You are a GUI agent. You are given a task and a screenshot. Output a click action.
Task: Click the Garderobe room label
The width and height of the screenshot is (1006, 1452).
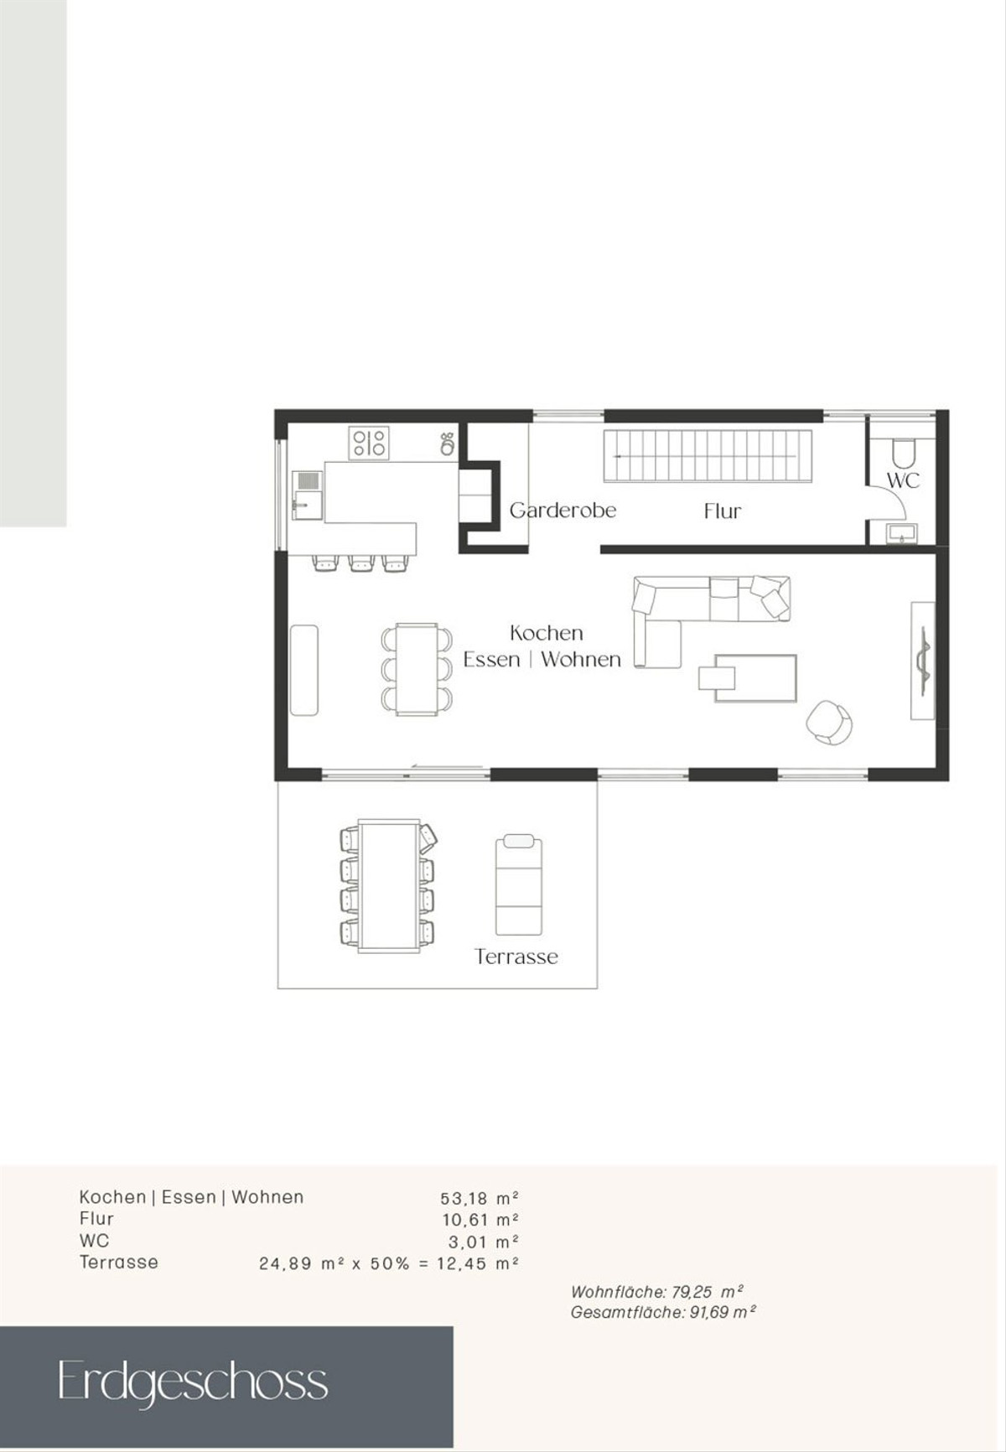point(563,510)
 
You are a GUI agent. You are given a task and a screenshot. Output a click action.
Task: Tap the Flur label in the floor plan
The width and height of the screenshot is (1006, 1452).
point(723,511)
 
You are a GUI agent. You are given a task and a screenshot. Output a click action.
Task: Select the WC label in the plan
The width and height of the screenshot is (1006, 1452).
point(903,480)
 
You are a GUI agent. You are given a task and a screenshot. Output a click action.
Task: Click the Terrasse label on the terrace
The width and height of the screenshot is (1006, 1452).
point(516,957)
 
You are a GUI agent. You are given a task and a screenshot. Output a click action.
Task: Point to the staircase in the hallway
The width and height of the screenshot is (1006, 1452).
point(708,456)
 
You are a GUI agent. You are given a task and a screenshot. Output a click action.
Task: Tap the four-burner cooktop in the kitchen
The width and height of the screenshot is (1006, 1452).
point(369,443)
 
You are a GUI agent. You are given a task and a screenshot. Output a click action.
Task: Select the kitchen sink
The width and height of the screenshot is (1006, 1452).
point(307,495)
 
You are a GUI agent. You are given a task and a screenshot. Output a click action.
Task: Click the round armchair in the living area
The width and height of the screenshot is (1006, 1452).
point(829,722)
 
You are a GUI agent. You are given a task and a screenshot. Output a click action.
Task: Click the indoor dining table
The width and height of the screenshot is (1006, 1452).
point(417,669)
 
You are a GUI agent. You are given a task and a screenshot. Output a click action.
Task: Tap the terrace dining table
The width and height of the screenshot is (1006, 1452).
point(389,886)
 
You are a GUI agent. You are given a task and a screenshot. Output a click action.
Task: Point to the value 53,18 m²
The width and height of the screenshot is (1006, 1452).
point(480,1198)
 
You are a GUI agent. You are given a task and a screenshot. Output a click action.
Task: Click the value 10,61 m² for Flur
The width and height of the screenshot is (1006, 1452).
point(480,1220)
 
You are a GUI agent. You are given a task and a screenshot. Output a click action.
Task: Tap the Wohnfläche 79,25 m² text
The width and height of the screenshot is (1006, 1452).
point(656,1292)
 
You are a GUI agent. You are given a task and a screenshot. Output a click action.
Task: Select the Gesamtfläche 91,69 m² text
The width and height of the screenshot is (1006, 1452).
point(663,1313)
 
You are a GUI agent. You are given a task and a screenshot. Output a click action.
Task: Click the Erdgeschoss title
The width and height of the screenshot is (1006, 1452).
point(192,1382)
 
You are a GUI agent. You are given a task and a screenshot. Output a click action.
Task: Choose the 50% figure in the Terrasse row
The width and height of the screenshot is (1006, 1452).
point(390,1263)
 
